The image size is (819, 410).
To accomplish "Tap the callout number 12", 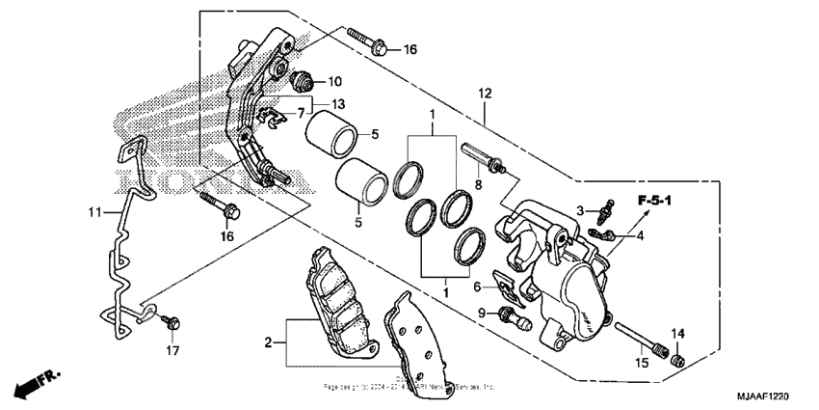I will click(x=484, y=94).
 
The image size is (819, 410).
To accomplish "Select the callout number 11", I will click(x=93, y=211).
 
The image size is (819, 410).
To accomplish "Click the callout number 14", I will click(x=677, y=334).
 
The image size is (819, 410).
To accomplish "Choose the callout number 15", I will click(x=640, y=363).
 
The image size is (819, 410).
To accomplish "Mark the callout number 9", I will click(x=481, y=313).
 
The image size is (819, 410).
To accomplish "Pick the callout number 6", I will click(x=477, y=287).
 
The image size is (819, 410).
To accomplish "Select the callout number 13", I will click(x=338, y=104).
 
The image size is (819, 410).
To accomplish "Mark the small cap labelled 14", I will click(x=677, y=359).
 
